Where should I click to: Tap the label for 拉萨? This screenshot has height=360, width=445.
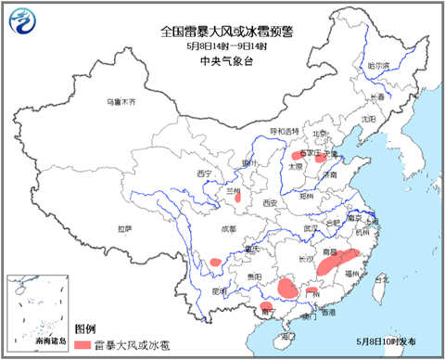(x=123, y=227)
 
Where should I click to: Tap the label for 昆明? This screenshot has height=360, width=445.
(x=220, y=290)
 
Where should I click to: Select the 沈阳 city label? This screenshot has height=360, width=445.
(x=369, y=118)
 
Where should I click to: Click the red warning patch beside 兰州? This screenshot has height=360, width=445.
(x=237, y=196)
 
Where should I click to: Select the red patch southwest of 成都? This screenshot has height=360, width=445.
(x=215, y=263)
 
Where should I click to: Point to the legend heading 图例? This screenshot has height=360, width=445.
(x=84, y=329)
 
